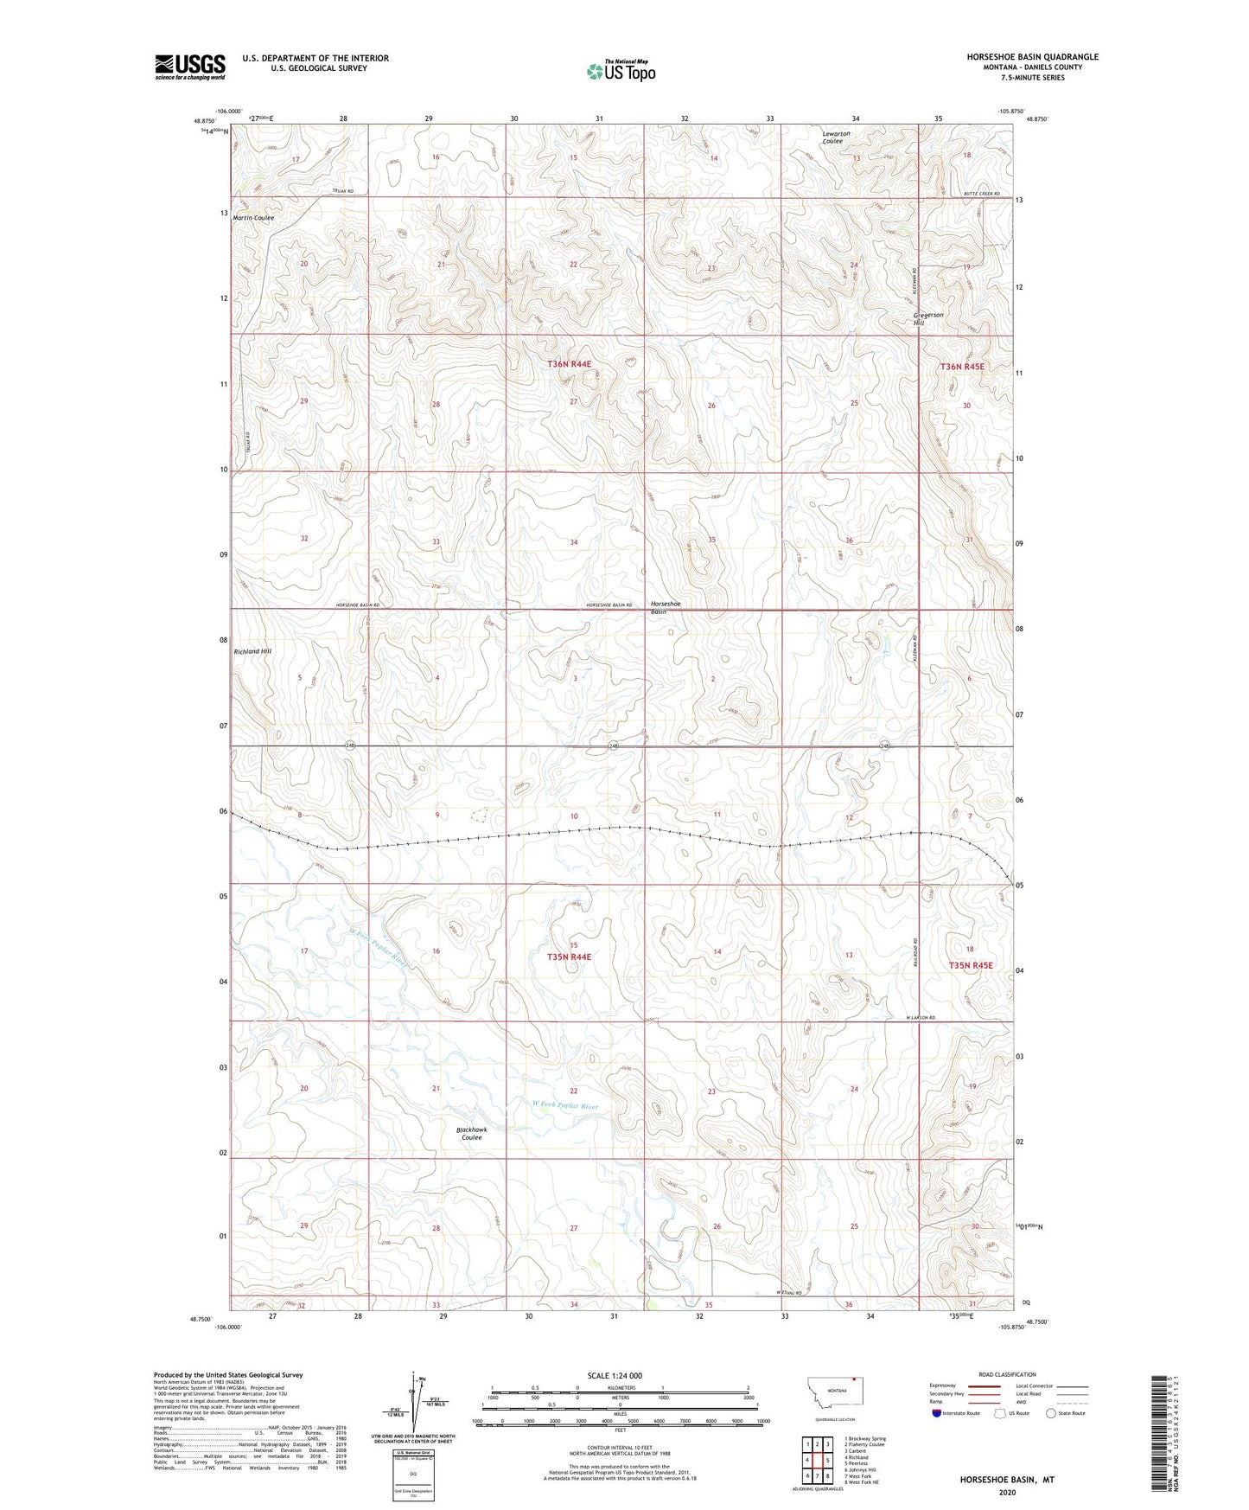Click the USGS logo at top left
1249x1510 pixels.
point(190,67)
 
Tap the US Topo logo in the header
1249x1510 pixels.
point(621,71)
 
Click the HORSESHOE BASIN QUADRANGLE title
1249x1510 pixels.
point(1032,57)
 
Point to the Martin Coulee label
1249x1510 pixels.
point(253,218)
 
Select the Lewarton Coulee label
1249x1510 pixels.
point(836,138)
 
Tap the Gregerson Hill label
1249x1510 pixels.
point(928,319)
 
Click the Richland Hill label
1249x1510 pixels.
point(252,651)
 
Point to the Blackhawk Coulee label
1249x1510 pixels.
point(471,1134)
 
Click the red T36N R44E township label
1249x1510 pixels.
point(569,364)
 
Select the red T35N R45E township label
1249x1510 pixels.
point(972,965)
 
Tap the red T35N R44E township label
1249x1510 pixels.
point(569,957)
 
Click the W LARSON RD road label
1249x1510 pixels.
point(921,1018)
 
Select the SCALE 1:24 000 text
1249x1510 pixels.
point(614,1376)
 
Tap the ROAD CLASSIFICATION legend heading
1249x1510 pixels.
point(1007,1374)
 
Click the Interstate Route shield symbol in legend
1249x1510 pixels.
point(937,1414)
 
